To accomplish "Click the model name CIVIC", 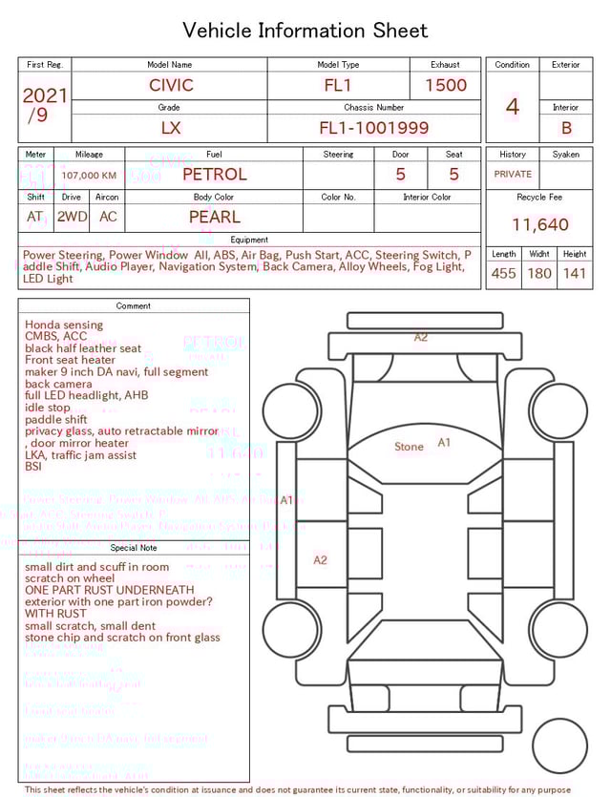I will click(x=171, y=85).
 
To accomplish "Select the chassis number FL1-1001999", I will click(x=373, y=127).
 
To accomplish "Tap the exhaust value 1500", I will click(x=446, y=85).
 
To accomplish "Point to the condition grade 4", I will click(x=512, y=106).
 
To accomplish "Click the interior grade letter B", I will click(x=566, y=127).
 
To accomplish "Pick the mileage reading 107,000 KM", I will click(x=89, y=176).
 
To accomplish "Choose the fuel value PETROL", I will click(x=214, y=174).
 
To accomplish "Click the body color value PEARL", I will click(x=214, y=217).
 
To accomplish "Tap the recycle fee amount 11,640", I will click(x=539, y=225).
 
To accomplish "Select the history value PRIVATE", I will click(x=513, y=175).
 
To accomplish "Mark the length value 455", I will click(x=503, y=273).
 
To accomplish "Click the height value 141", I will click(x=575, y=273).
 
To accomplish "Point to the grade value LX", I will click(x=171, y=127).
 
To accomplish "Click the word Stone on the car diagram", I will click(x=409, y=447).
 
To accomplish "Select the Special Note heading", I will click(x=134, y=548).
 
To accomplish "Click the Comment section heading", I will click(x=134, y=306).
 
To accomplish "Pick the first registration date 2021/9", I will click(x=44, y=105).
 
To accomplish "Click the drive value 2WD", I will click(x=72, y=217).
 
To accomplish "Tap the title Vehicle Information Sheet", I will click(x=305, y=31).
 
